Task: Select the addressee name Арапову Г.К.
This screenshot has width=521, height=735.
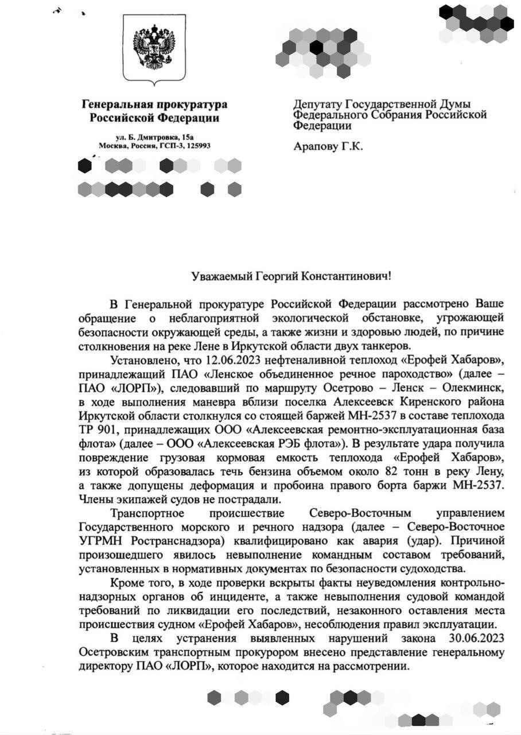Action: (x=328, y=146)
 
